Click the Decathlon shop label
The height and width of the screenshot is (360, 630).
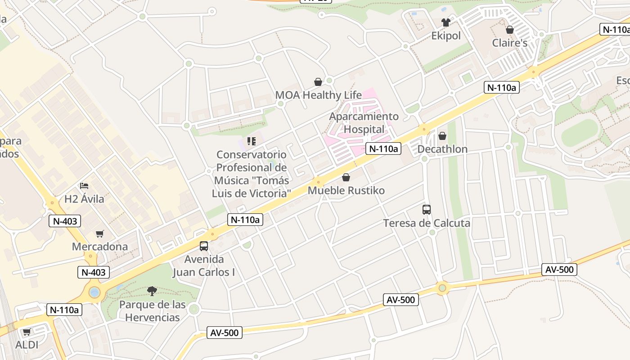point(442,149)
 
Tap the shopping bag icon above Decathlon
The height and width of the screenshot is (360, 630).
point(442,136)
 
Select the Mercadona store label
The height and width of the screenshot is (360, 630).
point(100,247)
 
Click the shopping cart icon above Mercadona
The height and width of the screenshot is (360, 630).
point(100,234)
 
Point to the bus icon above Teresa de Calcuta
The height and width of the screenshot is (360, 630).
point(427,210)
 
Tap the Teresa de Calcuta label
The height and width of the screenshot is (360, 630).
point(427,223)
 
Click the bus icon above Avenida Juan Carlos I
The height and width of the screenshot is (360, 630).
point(204,246)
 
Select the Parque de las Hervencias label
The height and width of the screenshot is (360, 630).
point(152,311)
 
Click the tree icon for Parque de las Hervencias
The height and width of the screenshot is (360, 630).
point(152,292)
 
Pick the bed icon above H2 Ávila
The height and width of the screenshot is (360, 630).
point(84,185)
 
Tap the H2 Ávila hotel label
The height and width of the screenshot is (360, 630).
point(84,199)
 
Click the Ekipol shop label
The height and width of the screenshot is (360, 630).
point(446,36)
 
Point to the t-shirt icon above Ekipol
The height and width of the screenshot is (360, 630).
point(446,22)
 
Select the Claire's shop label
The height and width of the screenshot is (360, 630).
point(509,43)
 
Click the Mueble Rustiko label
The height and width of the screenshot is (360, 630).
point(346,191)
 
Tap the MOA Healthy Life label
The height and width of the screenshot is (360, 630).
point(318,95)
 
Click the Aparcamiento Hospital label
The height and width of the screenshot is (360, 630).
point(364,123)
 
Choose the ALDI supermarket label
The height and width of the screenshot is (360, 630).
point(27,345)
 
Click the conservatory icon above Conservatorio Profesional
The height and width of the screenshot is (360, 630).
point(252,141)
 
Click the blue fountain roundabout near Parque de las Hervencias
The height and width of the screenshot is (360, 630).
point(94,292)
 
